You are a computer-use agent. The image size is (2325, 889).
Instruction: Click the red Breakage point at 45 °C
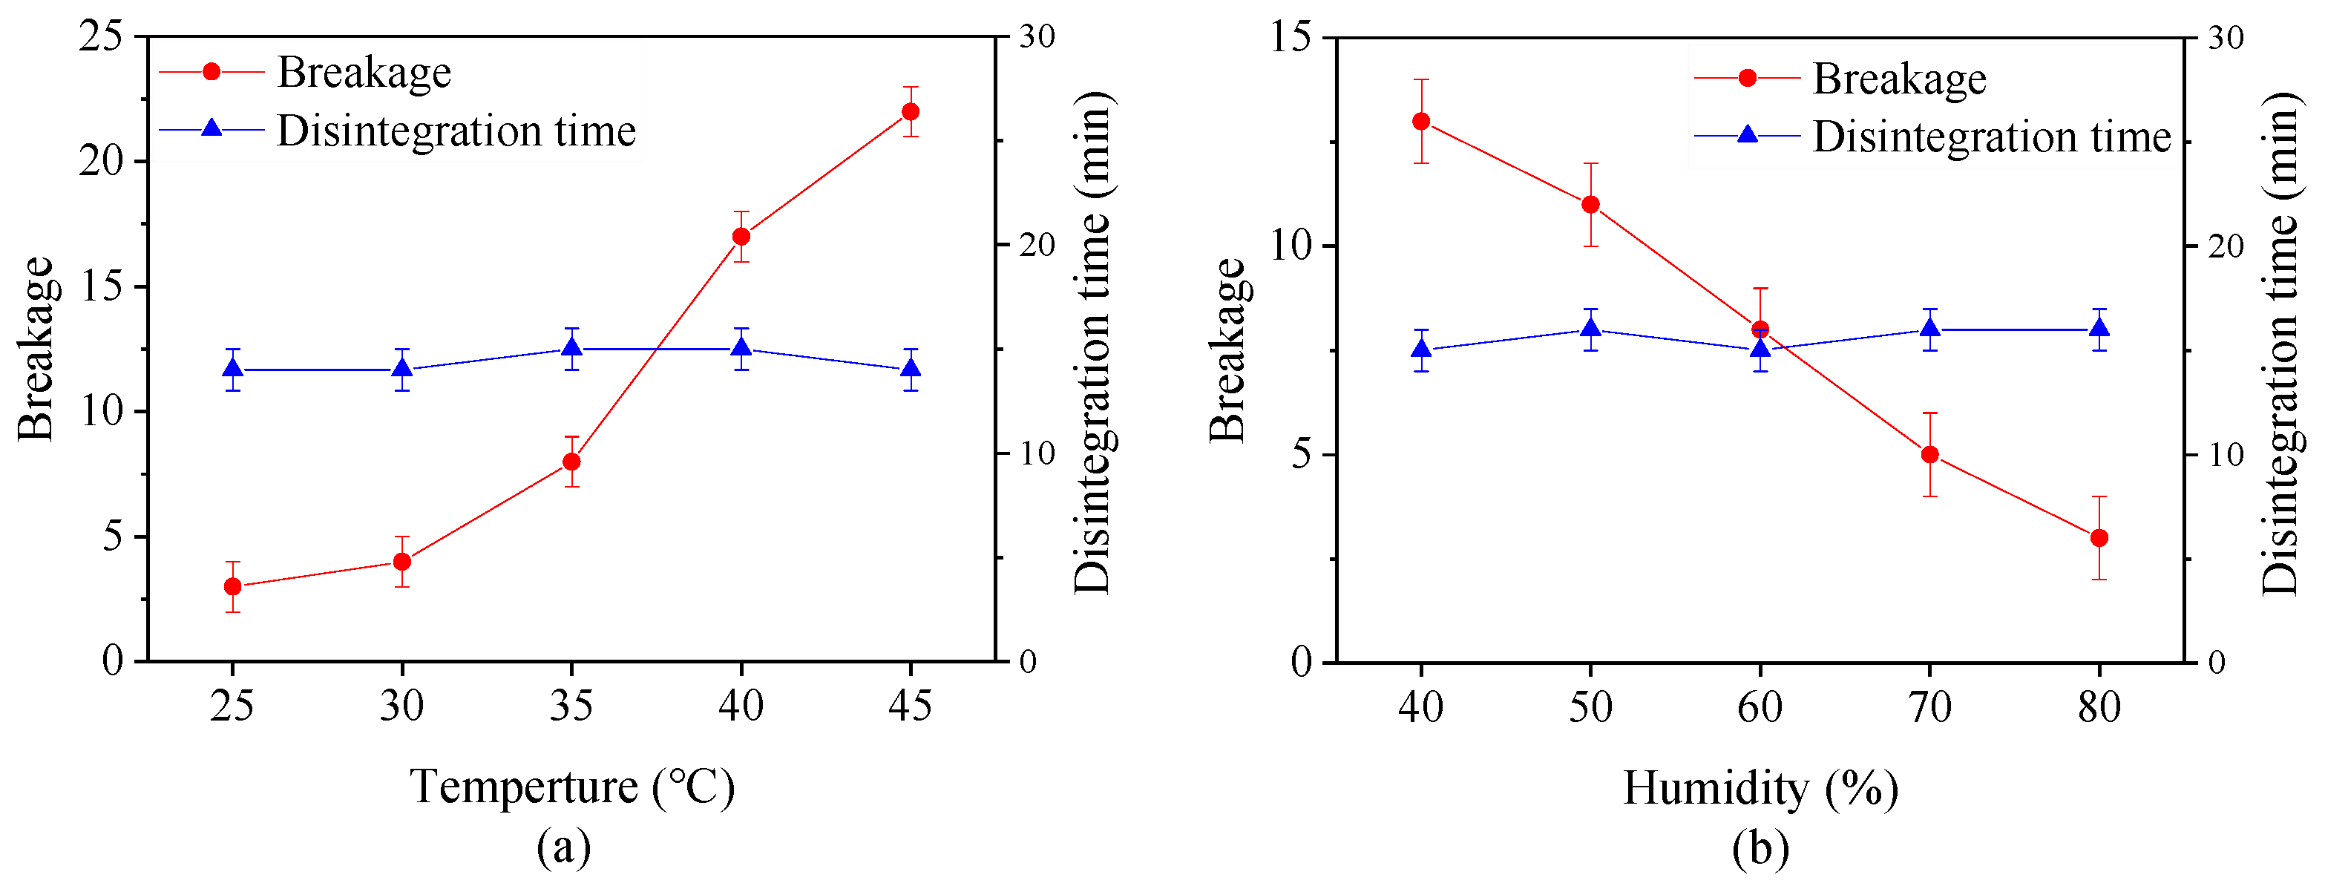[911, 112]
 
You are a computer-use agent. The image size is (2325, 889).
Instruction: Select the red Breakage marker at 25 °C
[233, 587]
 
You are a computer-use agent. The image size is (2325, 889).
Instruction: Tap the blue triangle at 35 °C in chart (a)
[571, 348]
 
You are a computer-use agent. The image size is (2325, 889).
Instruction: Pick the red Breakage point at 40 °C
[741, 237]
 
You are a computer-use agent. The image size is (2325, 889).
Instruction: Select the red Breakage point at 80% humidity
[2099, 538]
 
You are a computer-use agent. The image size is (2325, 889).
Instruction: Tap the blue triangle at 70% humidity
[1929, 329]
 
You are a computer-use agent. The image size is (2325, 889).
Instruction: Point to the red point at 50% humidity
[1590, 205]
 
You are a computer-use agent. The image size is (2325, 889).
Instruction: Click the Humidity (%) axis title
[1760, 788]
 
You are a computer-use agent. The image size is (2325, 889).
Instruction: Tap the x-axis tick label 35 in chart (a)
[571, 706]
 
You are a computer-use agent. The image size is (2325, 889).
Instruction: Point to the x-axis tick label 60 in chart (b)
[1760, 706]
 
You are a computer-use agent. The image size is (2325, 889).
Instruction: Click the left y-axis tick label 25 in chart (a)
[101, 37]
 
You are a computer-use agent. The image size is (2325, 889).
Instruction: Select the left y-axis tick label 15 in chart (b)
[1291, 38]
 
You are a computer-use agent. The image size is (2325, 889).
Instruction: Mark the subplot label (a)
[564, 847]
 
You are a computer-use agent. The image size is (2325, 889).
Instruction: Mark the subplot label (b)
[1760, 848]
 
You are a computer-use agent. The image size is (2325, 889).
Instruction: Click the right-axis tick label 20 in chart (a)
[1037, 246]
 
